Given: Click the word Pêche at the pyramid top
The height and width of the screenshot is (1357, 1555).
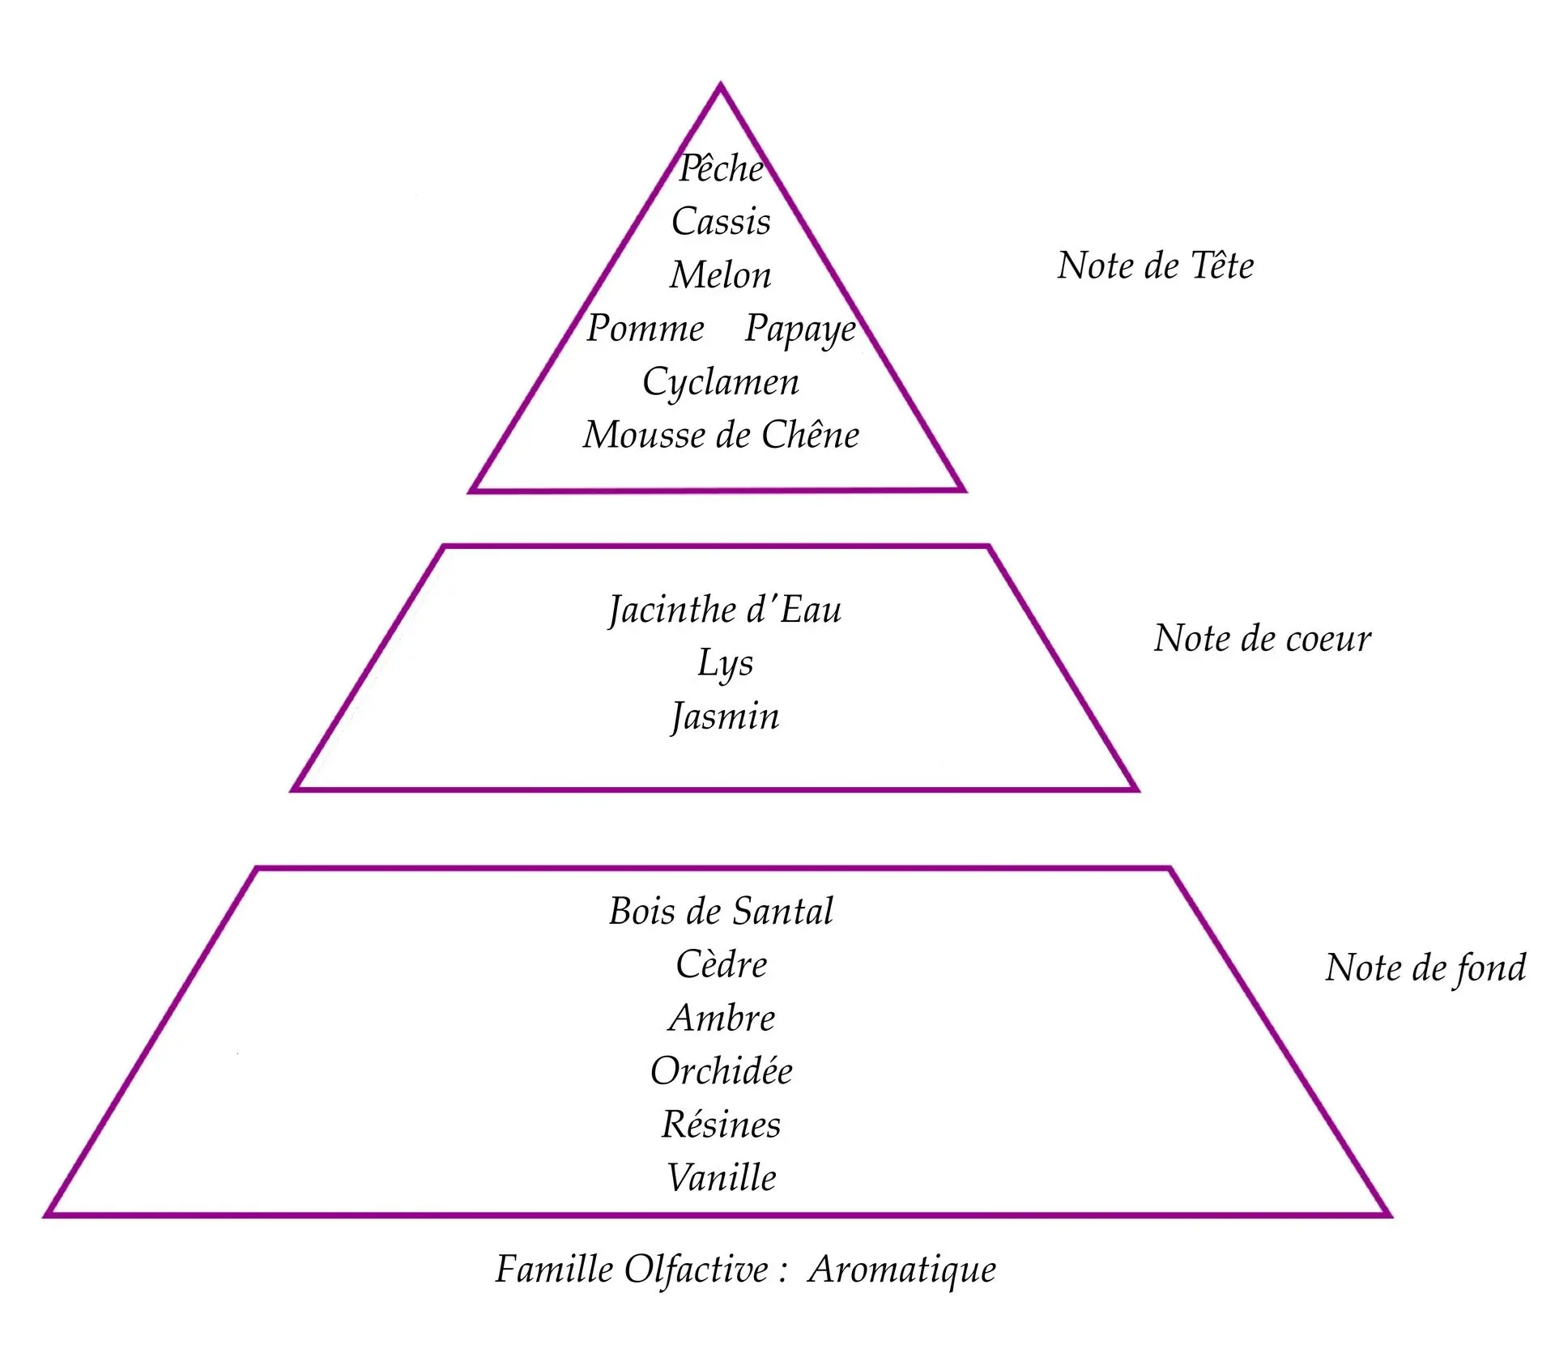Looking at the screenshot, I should click(721, 168).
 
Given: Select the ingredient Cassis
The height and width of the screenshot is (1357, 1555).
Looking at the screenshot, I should click(721, 222).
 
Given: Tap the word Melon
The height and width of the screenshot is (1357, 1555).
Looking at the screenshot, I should click(721, 275).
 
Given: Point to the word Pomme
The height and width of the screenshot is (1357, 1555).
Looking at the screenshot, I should click(645, 329).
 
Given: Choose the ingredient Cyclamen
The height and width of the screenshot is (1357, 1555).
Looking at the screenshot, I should click(721, 382).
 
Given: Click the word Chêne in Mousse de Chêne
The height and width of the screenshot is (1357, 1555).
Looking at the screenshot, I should click(810, 435).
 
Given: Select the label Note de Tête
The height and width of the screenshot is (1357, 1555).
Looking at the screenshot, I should click(1155, 266).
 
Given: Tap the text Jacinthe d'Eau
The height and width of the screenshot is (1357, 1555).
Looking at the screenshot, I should click(725, 610).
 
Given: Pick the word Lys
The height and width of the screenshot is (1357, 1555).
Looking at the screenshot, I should click(725, 664).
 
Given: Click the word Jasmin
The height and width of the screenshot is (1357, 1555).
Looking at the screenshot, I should click(725, 717).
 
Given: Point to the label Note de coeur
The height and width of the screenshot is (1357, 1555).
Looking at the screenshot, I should click(1262, 639).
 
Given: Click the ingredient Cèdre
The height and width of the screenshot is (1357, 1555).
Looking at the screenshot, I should click(722, 964).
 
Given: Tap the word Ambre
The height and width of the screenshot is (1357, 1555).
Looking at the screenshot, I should click(722, 1018).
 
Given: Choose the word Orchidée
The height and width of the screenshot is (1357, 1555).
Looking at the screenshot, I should click(722, 1071).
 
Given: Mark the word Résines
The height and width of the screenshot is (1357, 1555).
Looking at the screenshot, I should click(722, 1125).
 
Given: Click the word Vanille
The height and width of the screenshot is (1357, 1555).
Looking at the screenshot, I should click(722, 1178).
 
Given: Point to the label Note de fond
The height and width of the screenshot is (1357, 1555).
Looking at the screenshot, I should click(1425, 968).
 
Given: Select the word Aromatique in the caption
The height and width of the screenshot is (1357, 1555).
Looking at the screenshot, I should click(901, 1270).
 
